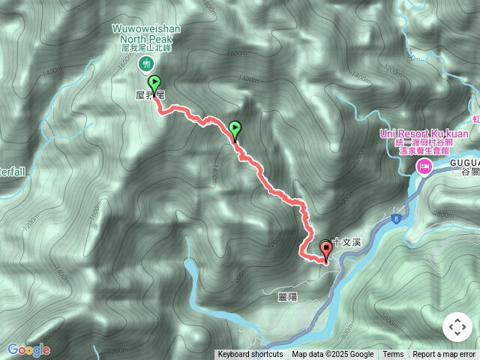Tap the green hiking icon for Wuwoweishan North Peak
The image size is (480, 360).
coord(146,64)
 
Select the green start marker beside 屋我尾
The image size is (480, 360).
coord(154,83)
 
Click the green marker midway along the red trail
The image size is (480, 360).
coord(235,129)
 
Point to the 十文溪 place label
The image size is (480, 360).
coord(347,241)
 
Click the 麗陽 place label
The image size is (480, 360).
coord(287,297)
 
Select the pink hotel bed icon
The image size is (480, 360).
coord(424,166)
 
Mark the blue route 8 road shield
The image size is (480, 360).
coord(394,217)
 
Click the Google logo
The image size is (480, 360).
coord(28,349)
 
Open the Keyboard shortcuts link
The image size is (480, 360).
coord(250,354)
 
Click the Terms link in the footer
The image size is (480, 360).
coord(393,354)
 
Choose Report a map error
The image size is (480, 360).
coord(444,354)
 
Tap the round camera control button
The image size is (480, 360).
coord(457,327)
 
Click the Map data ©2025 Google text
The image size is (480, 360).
coord(332,354)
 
